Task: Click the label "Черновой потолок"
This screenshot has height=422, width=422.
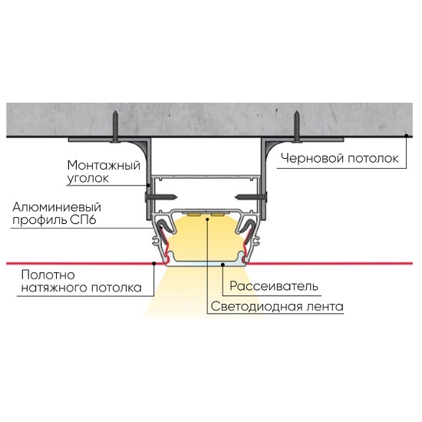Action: pyautogui.click(x=339, y=158)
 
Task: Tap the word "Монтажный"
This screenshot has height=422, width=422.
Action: pyautogui.click(x=104, y=165)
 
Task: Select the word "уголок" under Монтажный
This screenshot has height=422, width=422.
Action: pyautogui.click(x=87, y=178)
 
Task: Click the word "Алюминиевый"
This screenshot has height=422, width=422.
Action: pyautogui.click(x=57, y=207)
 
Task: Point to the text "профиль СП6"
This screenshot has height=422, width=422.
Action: pyautogui.click(x=54, y=220)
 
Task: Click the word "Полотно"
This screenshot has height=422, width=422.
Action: pyautogui.click(x=48, y=275)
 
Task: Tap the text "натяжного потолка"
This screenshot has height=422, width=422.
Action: pyautogui.click(x=81, y=288)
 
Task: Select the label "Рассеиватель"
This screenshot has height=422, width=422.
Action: pyautogui.click(x=274, y=286)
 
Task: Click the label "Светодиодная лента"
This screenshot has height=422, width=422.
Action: pyautogui.click(x=277, y=306)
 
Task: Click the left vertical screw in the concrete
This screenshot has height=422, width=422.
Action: pyautogui.click(x=115, y=127)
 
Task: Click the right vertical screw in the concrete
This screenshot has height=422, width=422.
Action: pyautogui.click(x=297, y=127)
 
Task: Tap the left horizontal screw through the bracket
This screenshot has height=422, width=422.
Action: pyautogui.click(x=161, y=197)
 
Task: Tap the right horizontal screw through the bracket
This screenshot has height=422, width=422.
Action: pyautogui.click(x=251, y=197)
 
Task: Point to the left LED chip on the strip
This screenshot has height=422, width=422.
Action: pyautogui.click(x=194, y=215)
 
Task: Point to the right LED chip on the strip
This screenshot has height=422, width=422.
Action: pyautogui.click(x=218, y=215)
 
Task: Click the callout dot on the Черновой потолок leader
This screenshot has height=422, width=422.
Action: pyautogui.click(x=406, y=135)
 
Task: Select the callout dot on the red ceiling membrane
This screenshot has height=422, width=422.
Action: pyautogui.click(x=154, y=263)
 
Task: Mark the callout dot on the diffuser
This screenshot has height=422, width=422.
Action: pyautogui.click(x=223, y=265)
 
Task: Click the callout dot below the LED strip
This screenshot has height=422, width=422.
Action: pyautogui.click(x=207, y=219)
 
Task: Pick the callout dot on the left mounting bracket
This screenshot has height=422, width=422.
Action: pyautogui.click(x=148, y=185)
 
